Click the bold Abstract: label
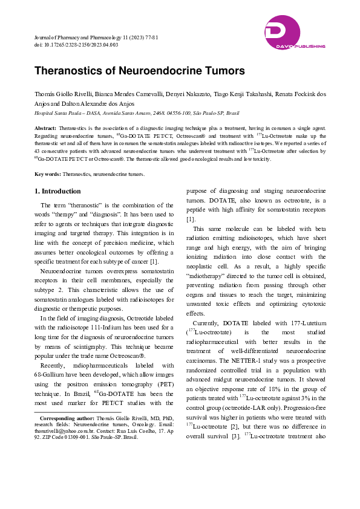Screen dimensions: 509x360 click(46, 129)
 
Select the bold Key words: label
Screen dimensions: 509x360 click(48, 174)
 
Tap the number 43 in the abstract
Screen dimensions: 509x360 click(38, 152)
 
